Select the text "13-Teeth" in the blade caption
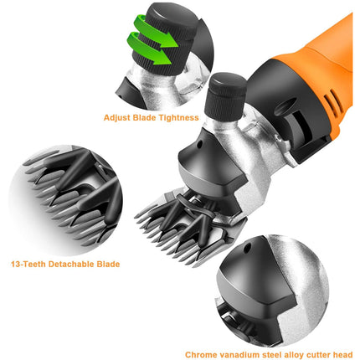(x=28, y=264)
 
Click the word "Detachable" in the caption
(x=71, y=264)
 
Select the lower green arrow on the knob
(x=148, y=48)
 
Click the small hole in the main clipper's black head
(x=199, y=145)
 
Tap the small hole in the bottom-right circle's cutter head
(x=247, y=248)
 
